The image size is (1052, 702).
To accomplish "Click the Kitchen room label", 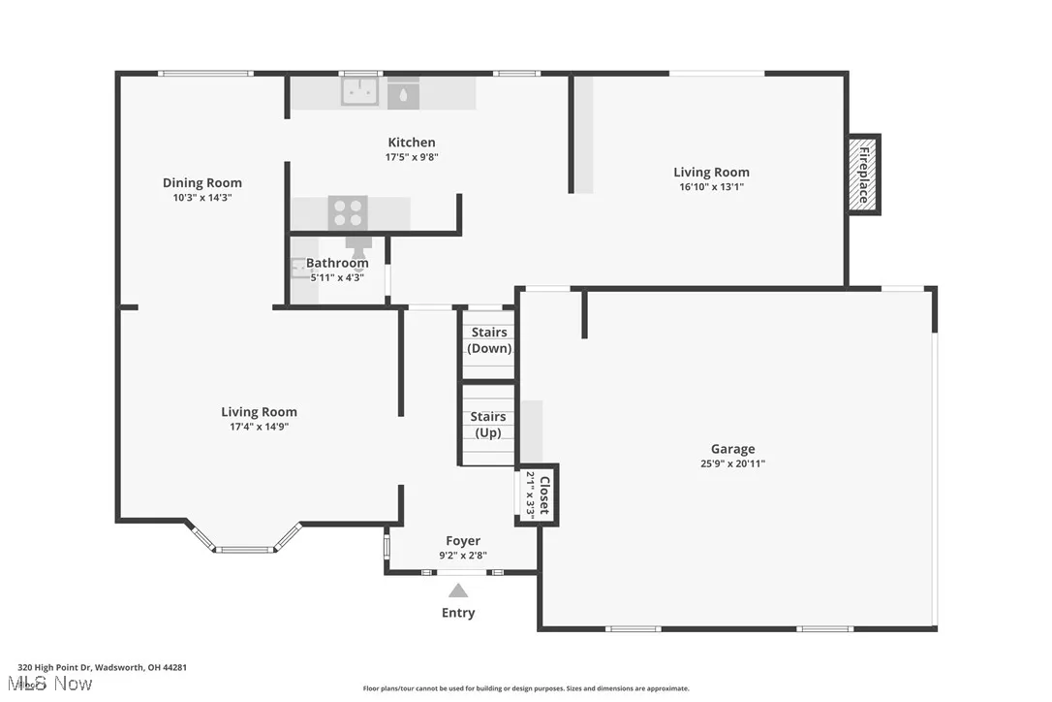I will pos(412,143).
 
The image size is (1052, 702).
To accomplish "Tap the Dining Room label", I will pos(201,182).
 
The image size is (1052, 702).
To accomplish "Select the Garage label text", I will pos(732,449).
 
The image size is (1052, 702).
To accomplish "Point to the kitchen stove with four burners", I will pos(348,211).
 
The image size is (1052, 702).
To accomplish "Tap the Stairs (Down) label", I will pos(489,340).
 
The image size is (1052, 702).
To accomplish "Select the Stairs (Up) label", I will pos(489,425).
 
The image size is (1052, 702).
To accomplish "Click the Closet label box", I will pos(538,495).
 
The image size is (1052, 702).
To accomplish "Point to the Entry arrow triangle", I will pos(458,590).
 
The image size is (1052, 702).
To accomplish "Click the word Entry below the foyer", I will pos(458,613).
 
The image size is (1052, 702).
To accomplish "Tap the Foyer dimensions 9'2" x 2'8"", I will pos(462,556).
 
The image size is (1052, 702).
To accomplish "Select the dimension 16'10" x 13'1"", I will pos(711,187).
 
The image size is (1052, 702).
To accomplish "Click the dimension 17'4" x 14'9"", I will pos(259,426).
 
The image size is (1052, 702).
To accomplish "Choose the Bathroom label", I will pos(337,263).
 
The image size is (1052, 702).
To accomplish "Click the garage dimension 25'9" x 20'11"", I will pos(732,463).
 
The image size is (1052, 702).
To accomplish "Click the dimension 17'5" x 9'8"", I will pos(412,157).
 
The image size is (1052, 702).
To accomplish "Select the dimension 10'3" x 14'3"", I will pos(201,197).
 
